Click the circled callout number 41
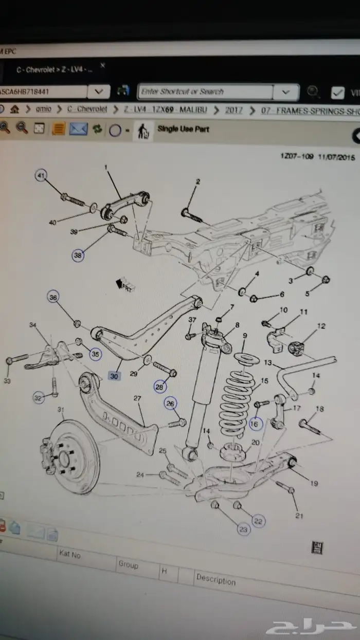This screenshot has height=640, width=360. click(x=41, y=176)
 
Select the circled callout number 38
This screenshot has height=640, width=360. click(x=77, y=254)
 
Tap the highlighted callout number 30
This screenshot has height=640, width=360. click(x=114, y=376)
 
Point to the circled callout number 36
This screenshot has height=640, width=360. click(x=54, y=297)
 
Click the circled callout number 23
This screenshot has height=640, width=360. click(x=243, y=528)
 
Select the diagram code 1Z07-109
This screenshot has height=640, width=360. click(x=296, y=157)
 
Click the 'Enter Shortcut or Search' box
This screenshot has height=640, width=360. click(x=205, y=92)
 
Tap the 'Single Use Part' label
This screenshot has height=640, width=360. click(x=183, y=129)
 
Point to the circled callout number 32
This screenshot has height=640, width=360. click(x=38, y=397)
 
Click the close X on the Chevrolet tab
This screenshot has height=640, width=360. click(x=102, y=65)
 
